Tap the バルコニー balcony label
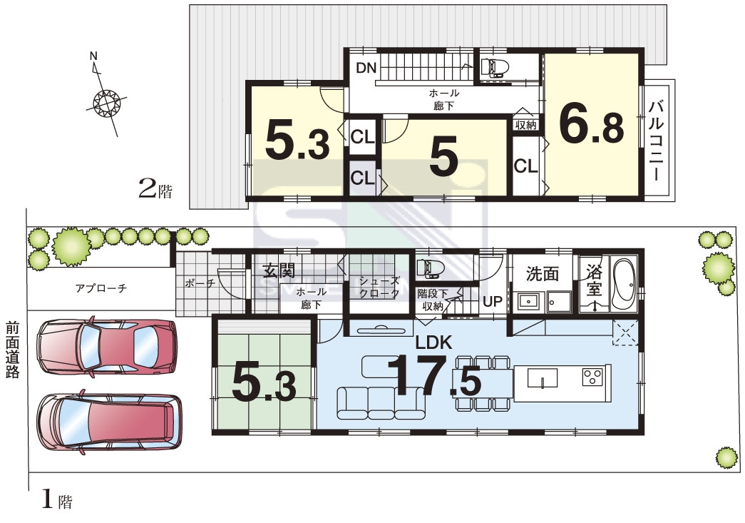[x=656, y=141]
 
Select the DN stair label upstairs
[x=366, y=68]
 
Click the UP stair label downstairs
[x=492, y=301]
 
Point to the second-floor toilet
[x=494, y=68]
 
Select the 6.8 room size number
[x=592, y=124]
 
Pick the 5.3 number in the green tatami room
[x=264, y=385]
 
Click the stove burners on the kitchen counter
[x=592, y=377]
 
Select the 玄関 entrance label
[x=279, y=271]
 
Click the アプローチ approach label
[x=101, y=288]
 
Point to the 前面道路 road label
[x=12, y=350]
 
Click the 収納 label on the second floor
[x=526, y=125]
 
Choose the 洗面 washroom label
[x=542, y=274]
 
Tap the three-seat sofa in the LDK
[x=381, y=403]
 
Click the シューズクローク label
[x=379, y=287]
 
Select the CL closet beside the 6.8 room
[x=526, y=166]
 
